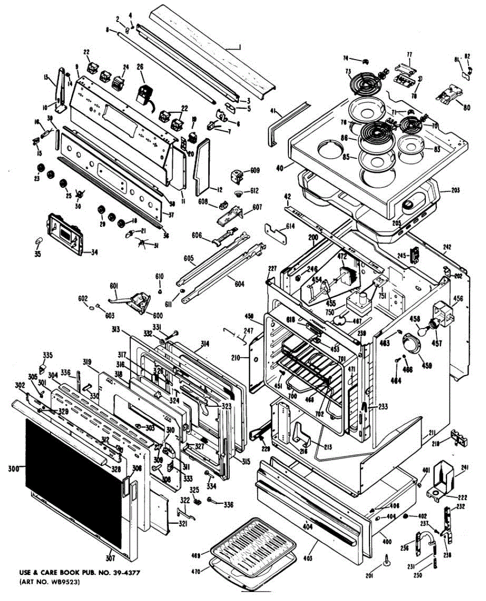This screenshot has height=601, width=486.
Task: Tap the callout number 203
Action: (x=455, y=190)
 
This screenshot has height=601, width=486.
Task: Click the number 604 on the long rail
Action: (x=239, y=284)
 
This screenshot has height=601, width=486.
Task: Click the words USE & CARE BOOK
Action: (x=51, y=572)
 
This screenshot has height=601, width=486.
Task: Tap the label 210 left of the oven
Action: (x=236, y=358)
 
